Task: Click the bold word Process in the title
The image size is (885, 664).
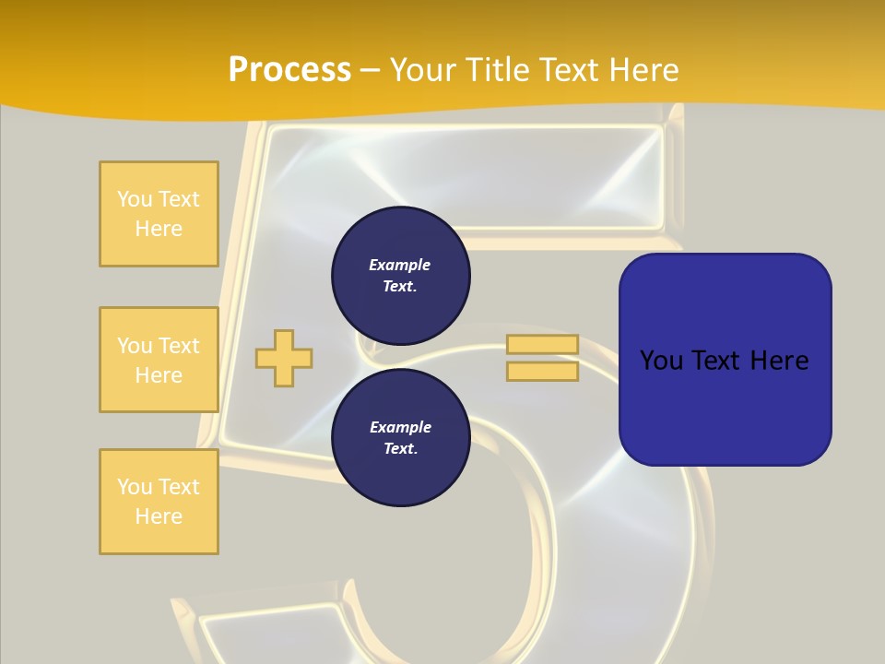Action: pyautogui.click(x=289, y=70)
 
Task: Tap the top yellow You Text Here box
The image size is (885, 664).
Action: pyautogui.click(x=159, y=214)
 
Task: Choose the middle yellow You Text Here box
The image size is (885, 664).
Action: pyautogui.click(x=159, y=360)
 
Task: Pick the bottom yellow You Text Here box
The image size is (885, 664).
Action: pyautogui.click(x=159, y=502)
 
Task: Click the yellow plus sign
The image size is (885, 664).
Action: pyautogui.click(x=284, y=358)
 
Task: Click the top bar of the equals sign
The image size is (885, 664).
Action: pyautogui.click(x=542, y=344)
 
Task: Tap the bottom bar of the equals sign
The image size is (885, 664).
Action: pyautogui.click(x=542, y=371)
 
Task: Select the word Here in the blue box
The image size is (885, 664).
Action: pyautogui.click(x=780, y=360)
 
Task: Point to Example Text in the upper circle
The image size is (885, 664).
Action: pyautogui.click(x=400, y=275)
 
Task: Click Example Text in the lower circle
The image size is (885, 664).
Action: pyautogui.click(x=400, y=437)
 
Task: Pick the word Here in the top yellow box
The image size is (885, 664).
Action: pyautogui.click(x=159, y=229)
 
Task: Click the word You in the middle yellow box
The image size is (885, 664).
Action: pyautogui.click(x=134, y=346)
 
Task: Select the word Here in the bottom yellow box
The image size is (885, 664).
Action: pyautogui.click(x=159, y=516)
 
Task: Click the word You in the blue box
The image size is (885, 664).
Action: pyautogui.click(x=662, y=360)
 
